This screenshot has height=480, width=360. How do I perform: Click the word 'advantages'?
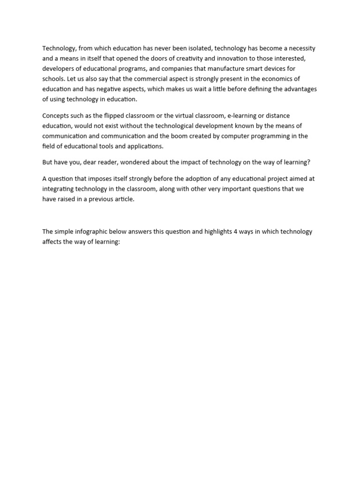tap(301, 89)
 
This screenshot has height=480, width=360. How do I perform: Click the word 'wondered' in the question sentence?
tap(140, 162)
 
